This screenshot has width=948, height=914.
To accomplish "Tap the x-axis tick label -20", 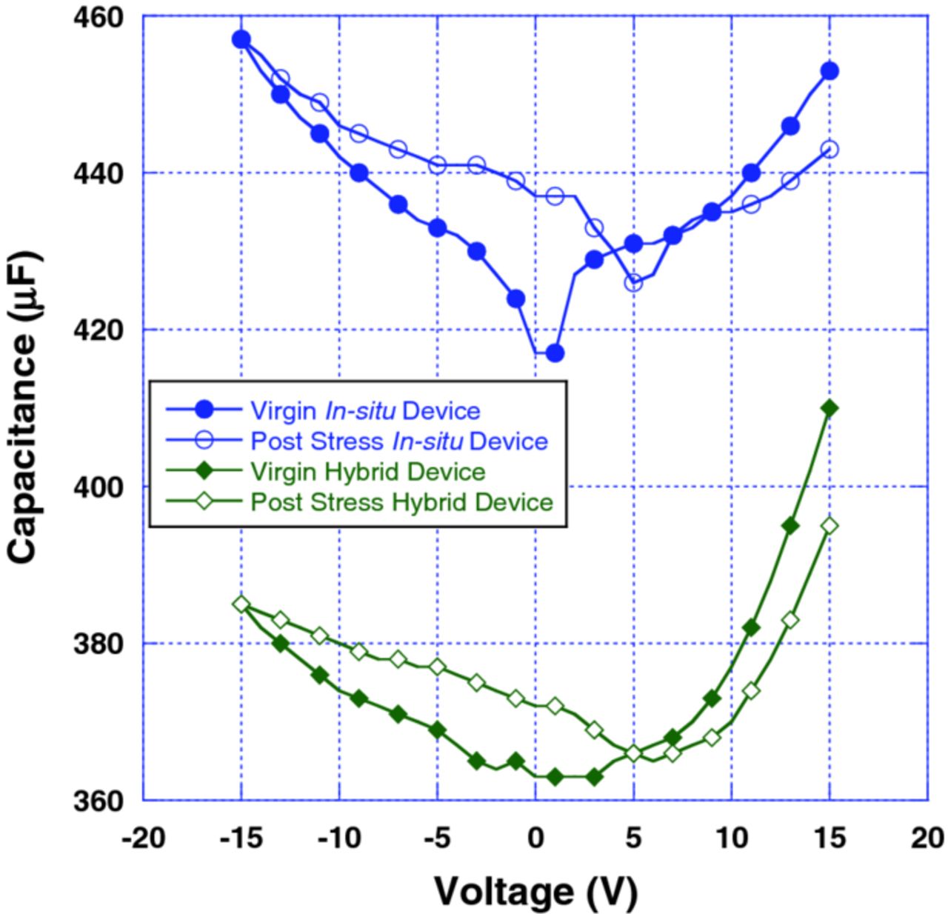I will [x=144, y=838].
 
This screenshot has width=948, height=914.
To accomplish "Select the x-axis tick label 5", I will [x=633, y=838].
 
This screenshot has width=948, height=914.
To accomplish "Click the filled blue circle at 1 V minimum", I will [x=555, y=353].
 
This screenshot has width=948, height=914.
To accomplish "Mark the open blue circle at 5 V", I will [x=633, y=282].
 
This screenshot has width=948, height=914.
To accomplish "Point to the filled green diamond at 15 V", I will [x=829, y=408].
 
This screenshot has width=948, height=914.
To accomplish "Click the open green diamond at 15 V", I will [x=829, y=526].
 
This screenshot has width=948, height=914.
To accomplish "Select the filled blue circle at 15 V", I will [x=829, y=71].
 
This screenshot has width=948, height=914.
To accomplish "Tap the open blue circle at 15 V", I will [x=829, y=150].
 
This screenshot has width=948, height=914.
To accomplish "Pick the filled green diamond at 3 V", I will [x=594, y=777].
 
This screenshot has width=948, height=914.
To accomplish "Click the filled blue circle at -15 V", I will [x=241, y=39].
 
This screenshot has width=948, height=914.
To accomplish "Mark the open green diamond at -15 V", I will [x=241, y=604].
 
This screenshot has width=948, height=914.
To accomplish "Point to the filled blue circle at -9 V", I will [x=358, y=173].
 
